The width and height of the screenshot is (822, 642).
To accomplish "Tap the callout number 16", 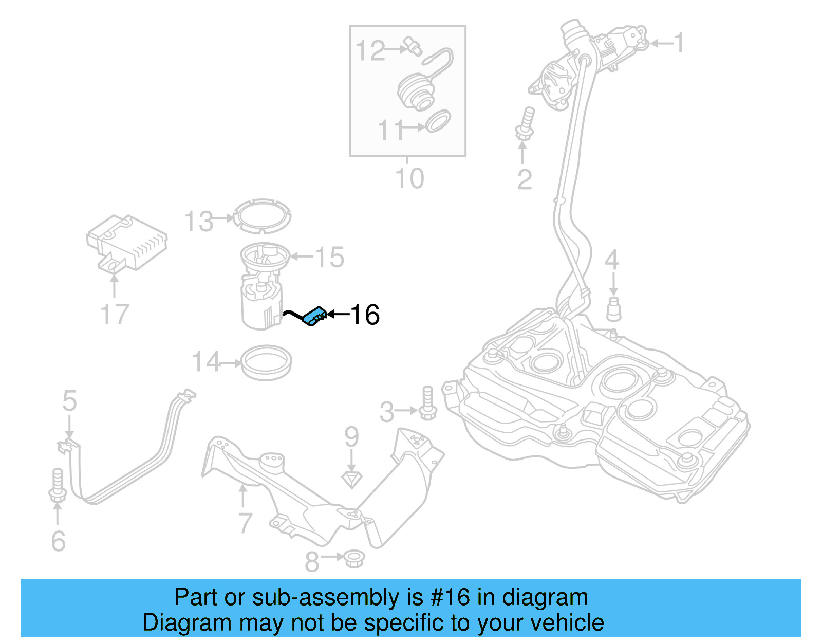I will tap(365, 315).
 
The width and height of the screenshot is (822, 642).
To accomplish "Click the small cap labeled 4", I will tap(613, 308).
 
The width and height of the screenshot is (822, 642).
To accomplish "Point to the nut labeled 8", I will tap(353, 558).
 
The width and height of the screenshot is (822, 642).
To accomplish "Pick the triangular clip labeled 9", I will tap(351, 479).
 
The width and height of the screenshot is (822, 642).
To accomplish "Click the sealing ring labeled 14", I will tap(266, 363).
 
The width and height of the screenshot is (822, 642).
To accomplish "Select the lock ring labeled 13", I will tap(261, 216).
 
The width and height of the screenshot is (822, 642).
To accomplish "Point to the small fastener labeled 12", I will tap(413, 46).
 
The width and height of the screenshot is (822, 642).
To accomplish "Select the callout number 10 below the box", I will tap(409, 178).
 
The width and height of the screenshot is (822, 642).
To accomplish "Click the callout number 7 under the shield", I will tap(245, 523).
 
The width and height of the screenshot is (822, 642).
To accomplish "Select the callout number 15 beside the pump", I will tap(329, 257).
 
